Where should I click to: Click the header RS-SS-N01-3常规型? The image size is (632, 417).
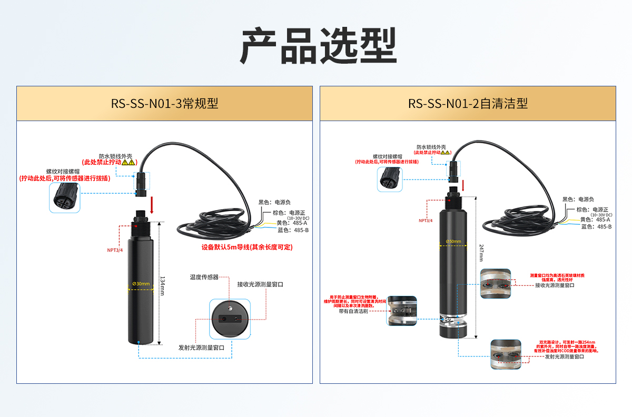164,104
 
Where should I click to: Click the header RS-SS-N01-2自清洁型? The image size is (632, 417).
468,104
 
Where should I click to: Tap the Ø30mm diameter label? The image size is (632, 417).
142,284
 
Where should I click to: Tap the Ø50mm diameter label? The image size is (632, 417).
453,242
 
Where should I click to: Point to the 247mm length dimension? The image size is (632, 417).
480,255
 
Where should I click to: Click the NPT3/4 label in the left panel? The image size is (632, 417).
115,250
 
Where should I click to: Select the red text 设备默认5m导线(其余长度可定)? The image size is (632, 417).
246,247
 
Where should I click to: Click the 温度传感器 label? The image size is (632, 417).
204,277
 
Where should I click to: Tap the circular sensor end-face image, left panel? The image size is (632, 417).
230,319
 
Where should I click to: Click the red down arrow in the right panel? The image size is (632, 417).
463,185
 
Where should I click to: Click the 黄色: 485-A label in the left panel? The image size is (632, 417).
292,223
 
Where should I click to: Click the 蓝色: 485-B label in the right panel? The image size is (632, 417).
596,227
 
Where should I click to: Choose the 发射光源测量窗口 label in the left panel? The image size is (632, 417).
202,347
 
